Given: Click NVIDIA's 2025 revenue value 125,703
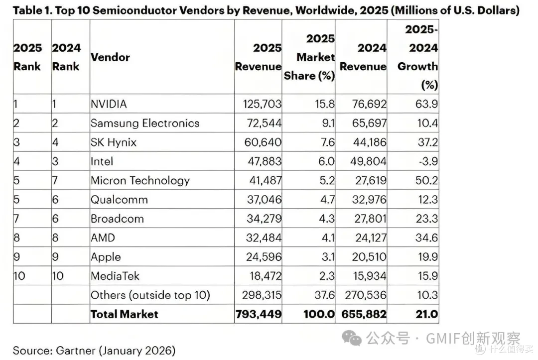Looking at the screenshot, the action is coord(262,104).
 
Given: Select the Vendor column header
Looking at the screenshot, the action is coord(110,57).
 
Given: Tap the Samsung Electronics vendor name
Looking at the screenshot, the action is coord(145,123).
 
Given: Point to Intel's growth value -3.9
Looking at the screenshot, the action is coord(428,161).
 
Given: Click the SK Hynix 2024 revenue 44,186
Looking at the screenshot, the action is coord(370,142).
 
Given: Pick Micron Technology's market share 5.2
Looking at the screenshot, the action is coord(327,180).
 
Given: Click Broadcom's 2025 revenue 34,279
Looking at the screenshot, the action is coord(264,219).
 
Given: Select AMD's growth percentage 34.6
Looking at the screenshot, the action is coord(426,238).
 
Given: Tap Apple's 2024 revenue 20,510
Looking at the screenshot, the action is coord(369,257).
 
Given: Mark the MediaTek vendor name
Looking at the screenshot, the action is coord(115,276).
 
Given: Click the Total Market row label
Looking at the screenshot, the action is coord(124,314).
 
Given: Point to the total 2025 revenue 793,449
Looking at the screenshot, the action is coord(259,314).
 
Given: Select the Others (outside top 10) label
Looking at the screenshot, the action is coord(150,295).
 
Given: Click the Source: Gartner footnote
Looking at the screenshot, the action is coord(94,351).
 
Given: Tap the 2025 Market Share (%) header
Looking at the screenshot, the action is coord(309,57).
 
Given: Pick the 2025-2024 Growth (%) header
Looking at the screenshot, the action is coord(418,57).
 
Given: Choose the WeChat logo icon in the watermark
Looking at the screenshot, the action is coord(352,338).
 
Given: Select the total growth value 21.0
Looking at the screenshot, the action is coord(427,314).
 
